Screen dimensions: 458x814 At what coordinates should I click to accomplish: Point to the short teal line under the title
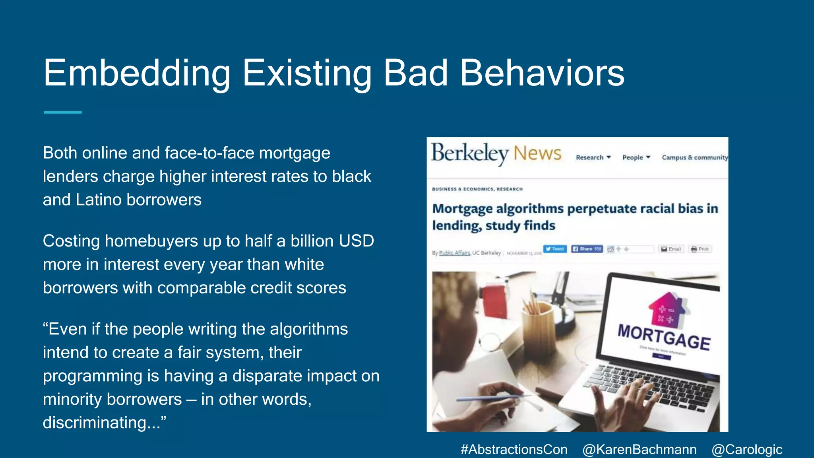tap(63, 113)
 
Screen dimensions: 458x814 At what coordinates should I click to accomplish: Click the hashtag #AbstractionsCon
tap(514, 449)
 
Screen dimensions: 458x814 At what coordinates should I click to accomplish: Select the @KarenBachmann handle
tap(639, 449)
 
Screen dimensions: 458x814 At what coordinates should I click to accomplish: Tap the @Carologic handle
tap(747, 449)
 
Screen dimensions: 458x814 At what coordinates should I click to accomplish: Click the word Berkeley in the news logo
tap(470, 153)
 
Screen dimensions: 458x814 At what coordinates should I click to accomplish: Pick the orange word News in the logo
tap(537, 153)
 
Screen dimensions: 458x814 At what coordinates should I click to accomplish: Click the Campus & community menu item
tap(694, 157)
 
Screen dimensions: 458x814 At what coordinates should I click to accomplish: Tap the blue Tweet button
tap(555, 249)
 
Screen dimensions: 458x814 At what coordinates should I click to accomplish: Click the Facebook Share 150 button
tap(587, 249)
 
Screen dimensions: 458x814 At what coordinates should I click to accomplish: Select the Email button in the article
tap(671, 249)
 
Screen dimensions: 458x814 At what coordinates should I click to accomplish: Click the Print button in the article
tap(700, 249)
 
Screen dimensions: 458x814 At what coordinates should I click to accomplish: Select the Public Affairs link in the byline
tap(454, 253)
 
